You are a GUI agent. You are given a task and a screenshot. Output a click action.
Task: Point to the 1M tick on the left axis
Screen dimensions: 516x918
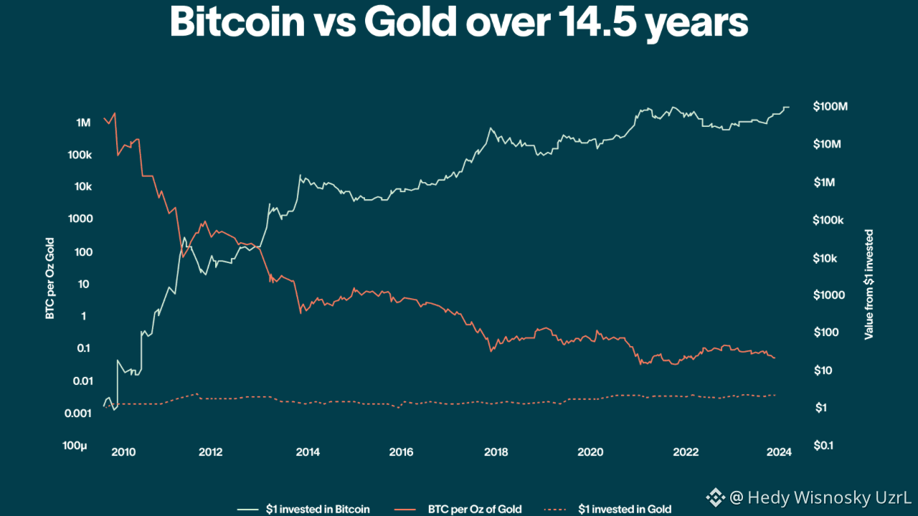click(x=83, y=123)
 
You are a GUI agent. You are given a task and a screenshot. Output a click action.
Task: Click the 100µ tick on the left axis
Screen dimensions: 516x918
click(x=75, y=446)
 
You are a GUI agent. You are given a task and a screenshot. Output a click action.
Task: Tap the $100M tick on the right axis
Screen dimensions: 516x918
click(x=830, y=107)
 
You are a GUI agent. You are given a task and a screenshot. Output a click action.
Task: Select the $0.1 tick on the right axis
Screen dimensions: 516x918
click(x=823, y=446)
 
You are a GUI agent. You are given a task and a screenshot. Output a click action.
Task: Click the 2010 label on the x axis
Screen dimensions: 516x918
click(x=123, y=452)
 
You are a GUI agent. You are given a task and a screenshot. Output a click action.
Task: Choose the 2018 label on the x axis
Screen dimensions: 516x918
click(x=496, y=452)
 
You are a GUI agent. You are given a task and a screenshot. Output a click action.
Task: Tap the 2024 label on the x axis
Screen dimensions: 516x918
click(x=779, y=452)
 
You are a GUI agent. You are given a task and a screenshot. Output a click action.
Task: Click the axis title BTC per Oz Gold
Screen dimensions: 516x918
click(x=50, y=277)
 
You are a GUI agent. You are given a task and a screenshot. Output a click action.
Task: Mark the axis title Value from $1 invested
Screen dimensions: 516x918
click(x=869, y=285)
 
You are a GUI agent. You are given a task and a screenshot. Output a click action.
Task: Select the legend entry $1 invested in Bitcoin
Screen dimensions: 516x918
click(x=318, y=510)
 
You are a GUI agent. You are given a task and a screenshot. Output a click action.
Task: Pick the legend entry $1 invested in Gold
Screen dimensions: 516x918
click(x=625, y=510)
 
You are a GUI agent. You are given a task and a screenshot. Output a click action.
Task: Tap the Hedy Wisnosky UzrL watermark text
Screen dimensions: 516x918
click(x=819, y=497)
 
